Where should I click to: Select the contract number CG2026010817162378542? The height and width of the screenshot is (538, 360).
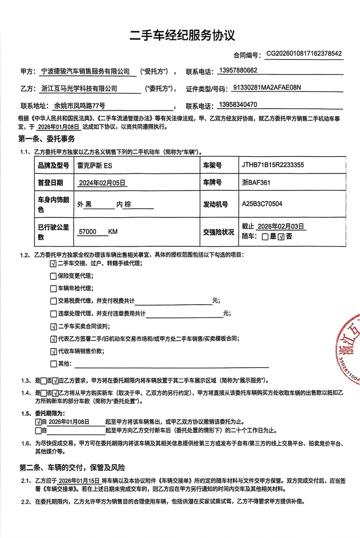tap(304, 54)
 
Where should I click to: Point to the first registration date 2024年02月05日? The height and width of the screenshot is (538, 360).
tap(102, 183)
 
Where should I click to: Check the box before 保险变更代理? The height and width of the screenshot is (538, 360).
tap(53, 276)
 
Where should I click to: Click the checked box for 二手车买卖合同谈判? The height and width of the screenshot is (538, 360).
tap(53, 326)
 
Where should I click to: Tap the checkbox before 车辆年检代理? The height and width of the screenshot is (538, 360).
tap(53, 289)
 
